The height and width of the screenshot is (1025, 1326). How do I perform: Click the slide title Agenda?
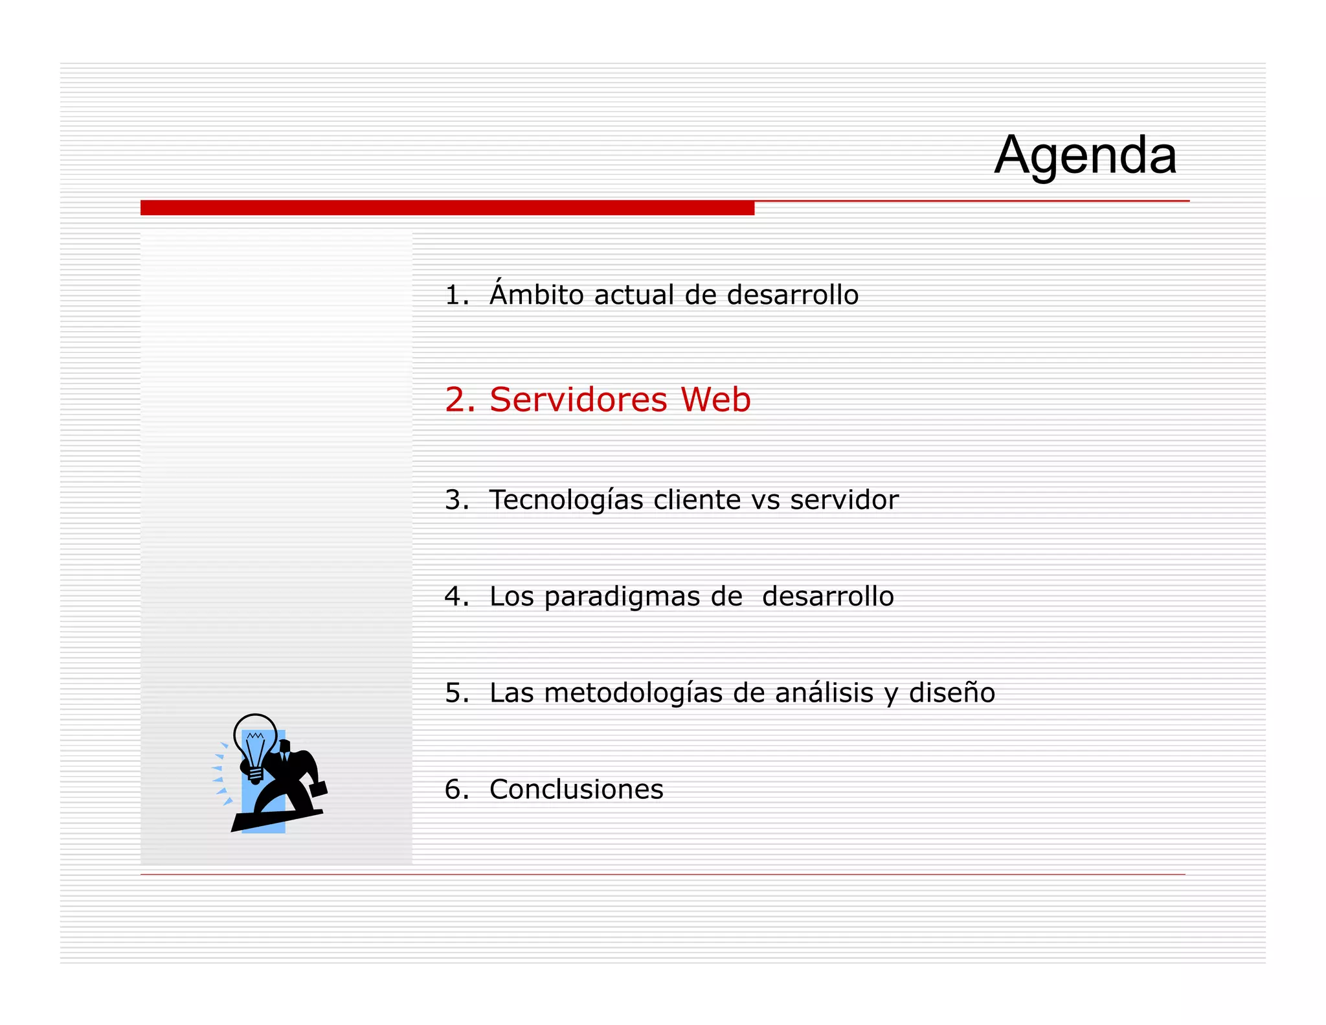[1085, 155]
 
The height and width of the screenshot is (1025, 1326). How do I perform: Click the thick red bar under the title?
[447, 208]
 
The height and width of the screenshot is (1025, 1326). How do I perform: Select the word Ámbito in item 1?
[537, 295]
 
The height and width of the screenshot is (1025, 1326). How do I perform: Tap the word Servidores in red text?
[578, 399]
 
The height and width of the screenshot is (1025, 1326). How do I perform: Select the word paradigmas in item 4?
[622, 597]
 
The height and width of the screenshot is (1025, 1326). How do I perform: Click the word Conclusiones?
[576, 789]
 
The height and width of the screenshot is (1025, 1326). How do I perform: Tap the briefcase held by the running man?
[319, 789]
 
